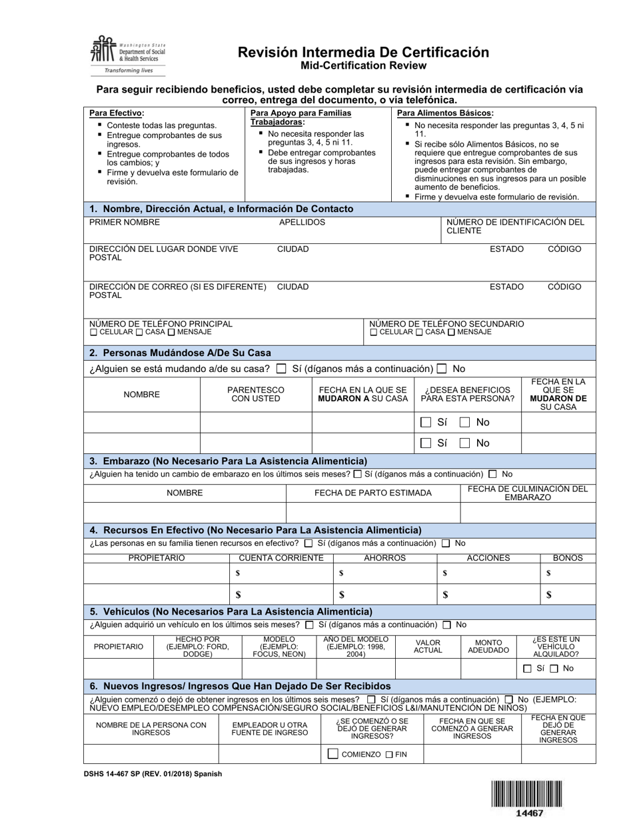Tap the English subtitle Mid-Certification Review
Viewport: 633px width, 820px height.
pyautogui.click(x=363, y=65)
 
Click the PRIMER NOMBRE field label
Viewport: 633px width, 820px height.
pyautogui.click(x=125, y=222)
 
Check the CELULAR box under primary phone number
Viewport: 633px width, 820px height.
pyautogui.click(x=93, y=332)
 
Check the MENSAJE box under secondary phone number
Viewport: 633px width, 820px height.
pyautogui.click(x=452, y=332)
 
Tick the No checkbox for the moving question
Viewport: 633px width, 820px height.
pyautogui.click(x=442, y=369)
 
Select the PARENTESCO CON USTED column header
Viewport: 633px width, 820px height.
pyautogui.click(x=256, y=394)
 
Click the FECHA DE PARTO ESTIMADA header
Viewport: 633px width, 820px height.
pyautogui.click(x=372, y=493)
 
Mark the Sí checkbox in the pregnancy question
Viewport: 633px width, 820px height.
pyautogui.click(x=358, y=475)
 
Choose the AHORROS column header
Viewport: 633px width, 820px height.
pyautogui.click(x=384, y=558)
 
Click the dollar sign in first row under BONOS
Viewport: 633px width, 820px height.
pyautogui.click(x=548, y=573)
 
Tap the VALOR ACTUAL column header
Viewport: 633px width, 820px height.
pyautogui.click(x=428, y=646)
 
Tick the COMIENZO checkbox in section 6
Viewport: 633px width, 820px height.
pyautogui.click(x=333, y=754)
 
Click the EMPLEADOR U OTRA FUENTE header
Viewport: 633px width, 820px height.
pyautogui.click(x=270, y=728)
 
